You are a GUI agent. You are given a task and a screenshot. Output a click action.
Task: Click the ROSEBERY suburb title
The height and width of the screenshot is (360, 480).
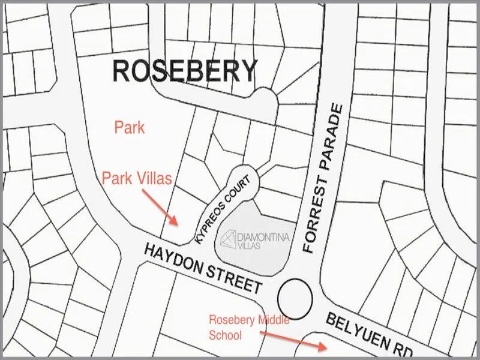[185, 71]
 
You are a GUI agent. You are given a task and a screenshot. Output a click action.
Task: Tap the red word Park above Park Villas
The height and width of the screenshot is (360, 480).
[130, 127]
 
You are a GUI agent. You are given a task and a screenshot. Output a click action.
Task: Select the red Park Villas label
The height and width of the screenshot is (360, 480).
[137, 178]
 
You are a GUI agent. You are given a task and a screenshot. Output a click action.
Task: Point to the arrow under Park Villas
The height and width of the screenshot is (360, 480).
[161, 207]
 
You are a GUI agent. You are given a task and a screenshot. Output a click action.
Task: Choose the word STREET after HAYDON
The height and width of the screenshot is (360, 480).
[236, 278]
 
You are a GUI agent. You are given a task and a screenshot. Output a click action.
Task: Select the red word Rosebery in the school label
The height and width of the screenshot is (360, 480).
[232, 320]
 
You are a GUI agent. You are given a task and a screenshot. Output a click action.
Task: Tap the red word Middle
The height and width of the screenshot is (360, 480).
[273, 320]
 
